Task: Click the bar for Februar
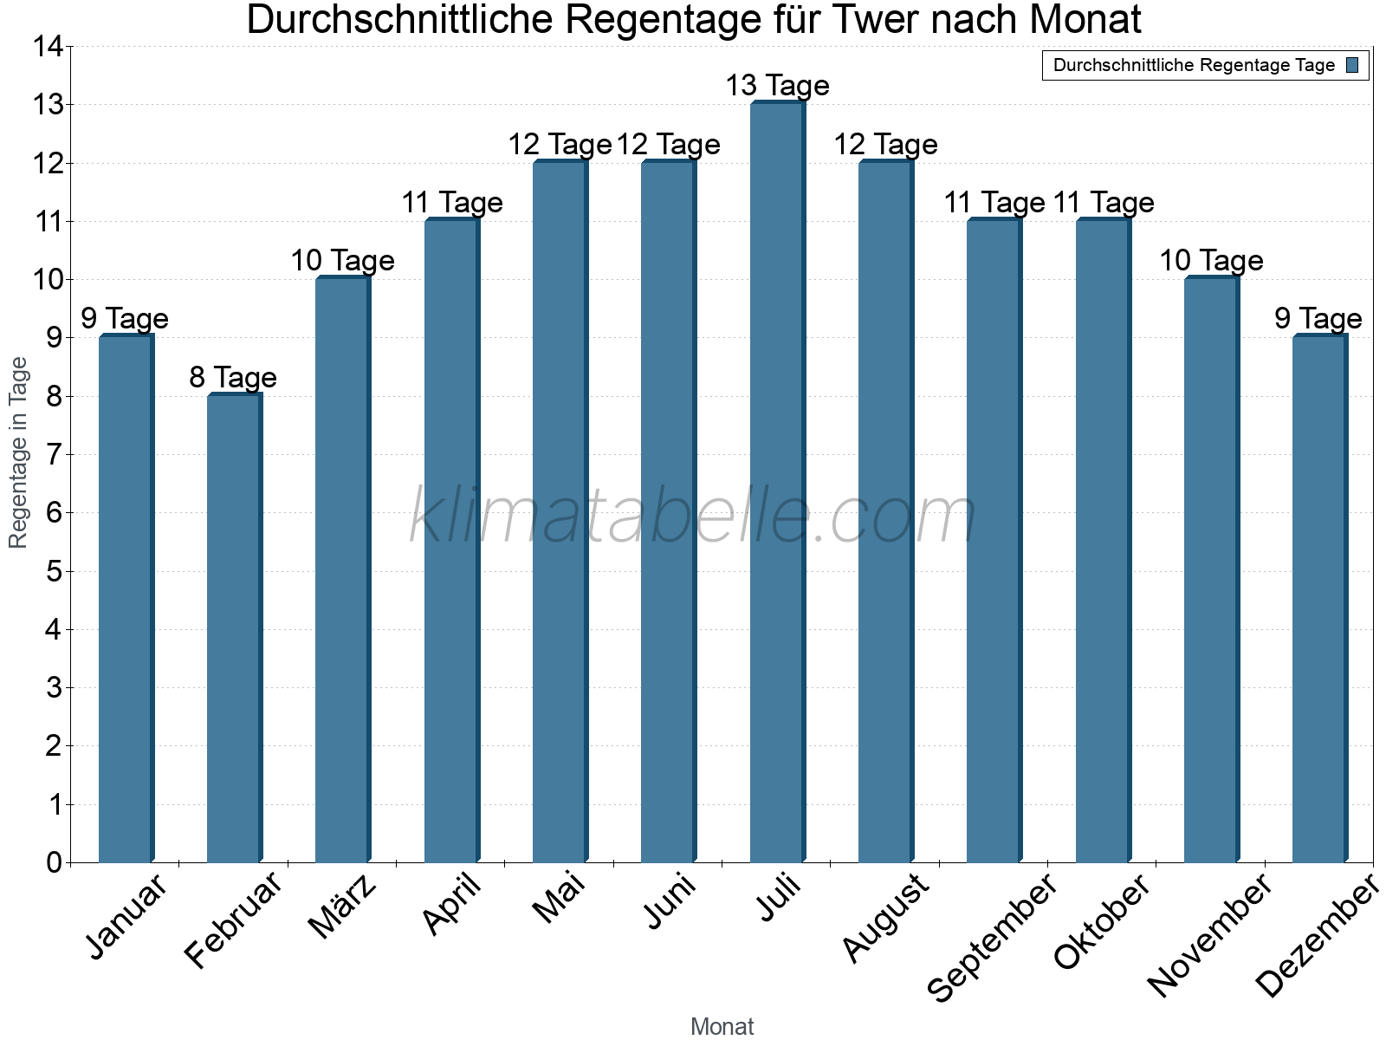point(234,628)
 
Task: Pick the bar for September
point(994,541)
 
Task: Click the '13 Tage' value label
point(777,86)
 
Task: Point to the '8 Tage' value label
point(233,378)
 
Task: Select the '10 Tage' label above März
point(342,261)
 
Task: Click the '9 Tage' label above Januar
point(125,319)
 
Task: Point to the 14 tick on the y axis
point(48,47)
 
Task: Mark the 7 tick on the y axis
point(54,455)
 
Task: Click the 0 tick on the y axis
point(54,862)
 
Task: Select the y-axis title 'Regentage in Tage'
point(18,452)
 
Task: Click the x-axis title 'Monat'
point(722,1026)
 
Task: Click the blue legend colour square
point(1352,65)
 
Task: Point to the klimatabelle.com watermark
point(693,517)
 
